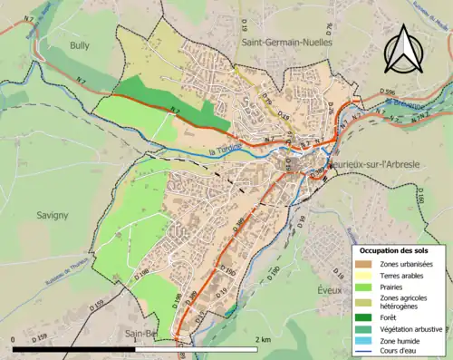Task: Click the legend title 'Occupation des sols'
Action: coord(394,249)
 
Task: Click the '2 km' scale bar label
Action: coord(262,339)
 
